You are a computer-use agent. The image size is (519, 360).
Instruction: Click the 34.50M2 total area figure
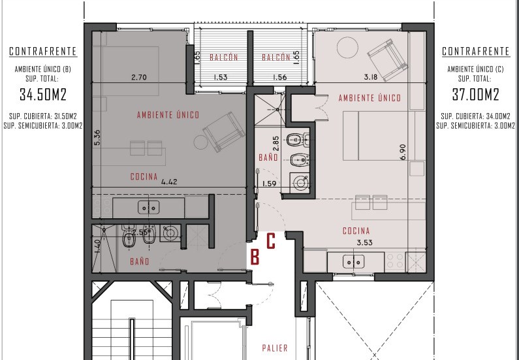(43, 94)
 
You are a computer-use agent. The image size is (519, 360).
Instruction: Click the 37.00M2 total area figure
(476, 94)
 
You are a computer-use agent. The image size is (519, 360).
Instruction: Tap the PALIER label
(275, 348)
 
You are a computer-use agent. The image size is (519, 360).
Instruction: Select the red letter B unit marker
(255, 257)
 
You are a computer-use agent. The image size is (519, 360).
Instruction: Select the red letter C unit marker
(271, 241)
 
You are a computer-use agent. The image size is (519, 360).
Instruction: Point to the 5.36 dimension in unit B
(97, 137)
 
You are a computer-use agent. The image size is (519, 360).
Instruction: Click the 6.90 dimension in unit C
(403, 152)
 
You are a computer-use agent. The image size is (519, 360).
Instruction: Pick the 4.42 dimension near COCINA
(169, 182)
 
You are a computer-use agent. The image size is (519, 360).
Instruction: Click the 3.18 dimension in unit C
(371, 77)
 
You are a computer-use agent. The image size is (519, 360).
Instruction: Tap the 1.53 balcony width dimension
(221, 78)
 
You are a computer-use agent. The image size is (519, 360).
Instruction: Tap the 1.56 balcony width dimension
(279, 78)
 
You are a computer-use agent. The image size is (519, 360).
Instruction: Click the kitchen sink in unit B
(149, 207)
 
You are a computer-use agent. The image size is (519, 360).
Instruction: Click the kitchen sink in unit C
(353, 261)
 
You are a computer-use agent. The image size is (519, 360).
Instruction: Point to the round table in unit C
(347, 48)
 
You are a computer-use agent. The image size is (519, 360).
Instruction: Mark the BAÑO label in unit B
(139, 261)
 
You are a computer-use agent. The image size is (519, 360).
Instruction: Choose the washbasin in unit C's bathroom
(300, 182)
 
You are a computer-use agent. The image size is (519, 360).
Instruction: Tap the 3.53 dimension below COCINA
(364, 243)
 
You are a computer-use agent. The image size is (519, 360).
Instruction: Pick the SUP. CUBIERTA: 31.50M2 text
(42, 116)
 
